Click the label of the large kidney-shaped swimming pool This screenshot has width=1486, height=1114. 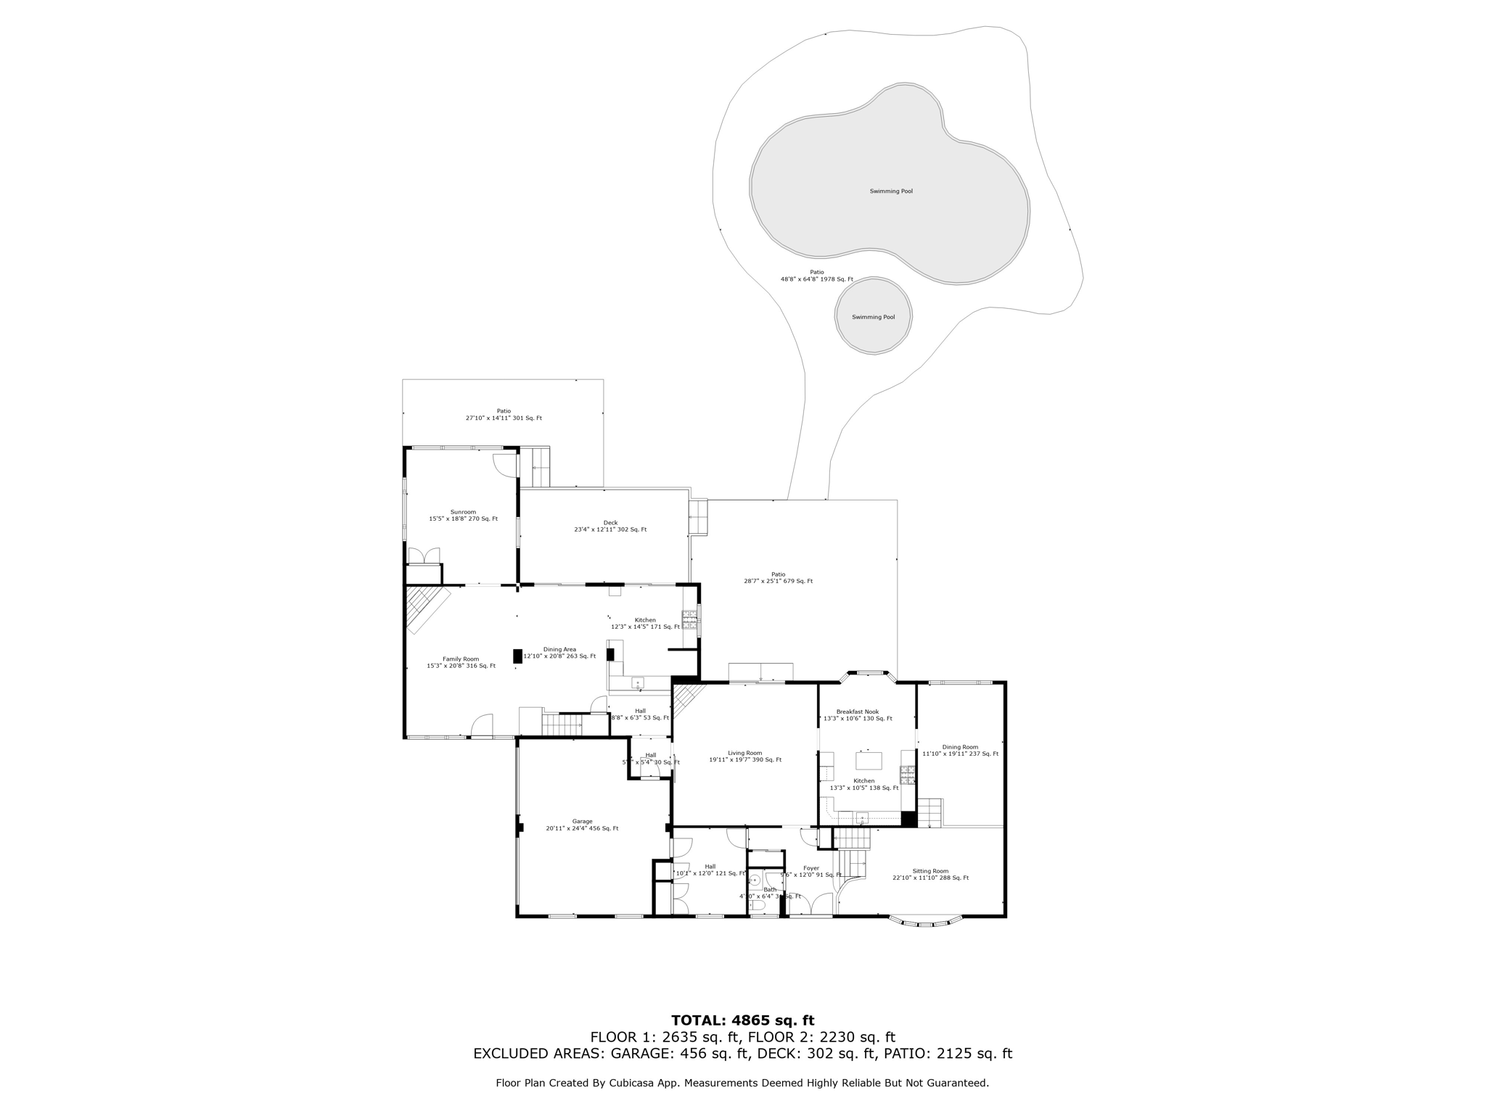coord(891,191)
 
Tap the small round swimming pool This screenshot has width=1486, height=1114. coord(873,317)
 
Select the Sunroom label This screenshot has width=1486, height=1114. coord(463,515)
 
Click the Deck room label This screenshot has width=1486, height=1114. coord(610,526)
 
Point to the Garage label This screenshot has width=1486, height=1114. coord(582,825)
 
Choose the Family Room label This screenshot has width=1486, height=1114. coord(461,662)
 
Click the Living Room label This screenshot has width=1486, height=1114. coord(745,756)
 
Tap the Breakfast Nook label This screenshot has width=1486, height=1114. coord(857,715)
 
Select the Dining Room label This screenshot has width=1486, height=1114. coord(960,750)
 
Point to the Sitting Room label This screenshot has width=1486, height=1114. coord(930,874)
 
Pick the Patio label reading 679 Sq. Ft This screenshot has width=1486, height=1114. coord(778,577)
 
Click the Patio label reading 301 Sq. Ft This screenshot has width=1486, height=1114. coord(504,414)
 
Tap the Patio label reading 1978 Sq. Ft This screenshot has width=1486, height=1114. coord(817,276)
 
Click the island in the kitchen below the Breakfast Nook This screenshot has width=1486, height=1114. coord(869,760)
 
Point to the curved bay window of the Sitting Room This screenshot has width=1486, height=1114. coord(925,922)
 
